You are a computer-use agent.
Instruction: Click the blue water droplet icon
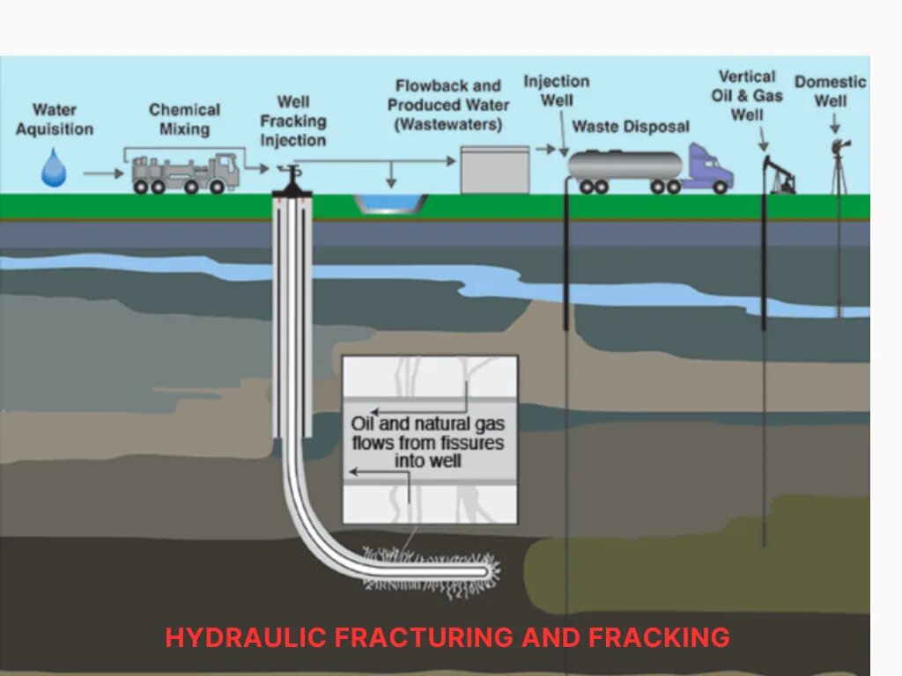coord(54,167)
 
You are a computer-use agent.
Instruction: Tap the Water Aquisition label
coord(54,120)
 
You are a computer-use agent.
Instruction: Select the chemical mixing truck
coord(185,173)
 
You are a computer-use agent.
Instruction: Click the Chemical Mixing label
coord(184,120)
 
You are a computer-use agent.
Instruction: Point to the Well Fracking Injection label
coord(292,121)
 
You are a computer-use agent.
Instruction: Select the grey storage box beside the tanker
coord(495,169)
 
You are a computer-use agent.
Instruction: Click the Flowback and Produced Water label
coord(448,105)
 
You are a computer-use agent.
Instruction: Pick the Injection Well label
coord(557,90)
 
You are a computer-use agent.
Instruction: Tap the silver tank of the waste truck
coord(625,165)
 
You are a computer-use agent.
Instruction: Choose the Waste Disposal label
coord(631,127)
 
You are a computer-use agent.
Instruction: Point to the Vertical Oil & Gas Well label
coord(747,95)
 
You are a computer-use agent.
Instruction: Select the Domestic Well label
coord(830,91)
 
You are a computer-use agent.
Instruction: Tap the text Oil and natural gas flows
coord(427,423)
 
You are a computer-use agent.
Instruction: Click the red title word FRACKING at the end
coord(659,636)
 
